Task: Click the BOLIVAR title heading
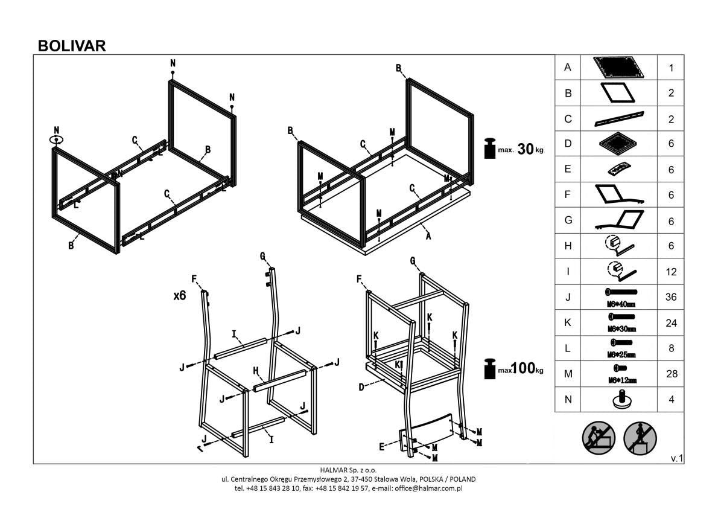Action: click(72, 46)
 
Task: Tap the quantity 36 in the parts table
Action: click(671, 297)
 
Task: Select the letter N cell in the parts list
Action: click(567, 400)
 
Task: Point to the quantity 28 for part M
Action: click(671, 374)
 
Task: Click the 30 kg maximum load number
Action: click(526, 149)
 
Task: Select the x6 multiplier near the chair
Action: click(179, 296)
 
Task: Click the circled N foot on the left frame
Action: click(56, 139)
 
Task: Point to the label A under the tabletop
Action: click(428, 236)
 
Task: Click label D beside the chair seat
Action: click(361, 387)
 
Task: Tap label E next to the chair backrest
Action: click(381, 446)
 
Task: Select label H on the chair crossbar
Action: click(256, 370)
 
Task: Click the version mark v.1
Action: click(676, 459)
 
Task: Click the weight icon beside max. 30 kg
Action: click(491, 149)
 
